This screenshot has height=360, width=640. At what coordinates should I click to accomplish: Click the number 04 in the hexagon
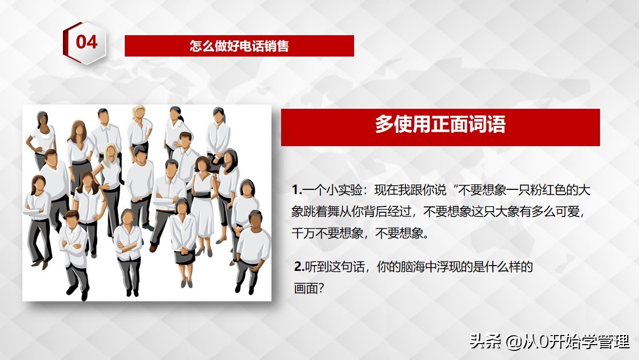pos(86,42)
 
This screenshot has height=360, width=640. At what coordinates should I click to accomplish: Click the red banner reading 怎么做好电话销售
pos(239,46)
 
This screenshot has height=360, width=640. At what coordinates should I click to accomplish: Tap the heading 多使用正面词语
pos(440,126)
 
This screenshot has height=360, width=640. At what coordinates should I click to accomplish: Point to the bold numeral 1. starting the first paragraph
pos(297,190)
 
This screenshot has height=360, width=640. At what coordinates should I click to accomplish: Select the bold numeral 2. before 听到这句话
pos(299,267)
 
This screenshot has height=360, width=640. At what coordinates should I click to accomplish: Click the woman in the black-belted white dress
pos(202,203)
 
